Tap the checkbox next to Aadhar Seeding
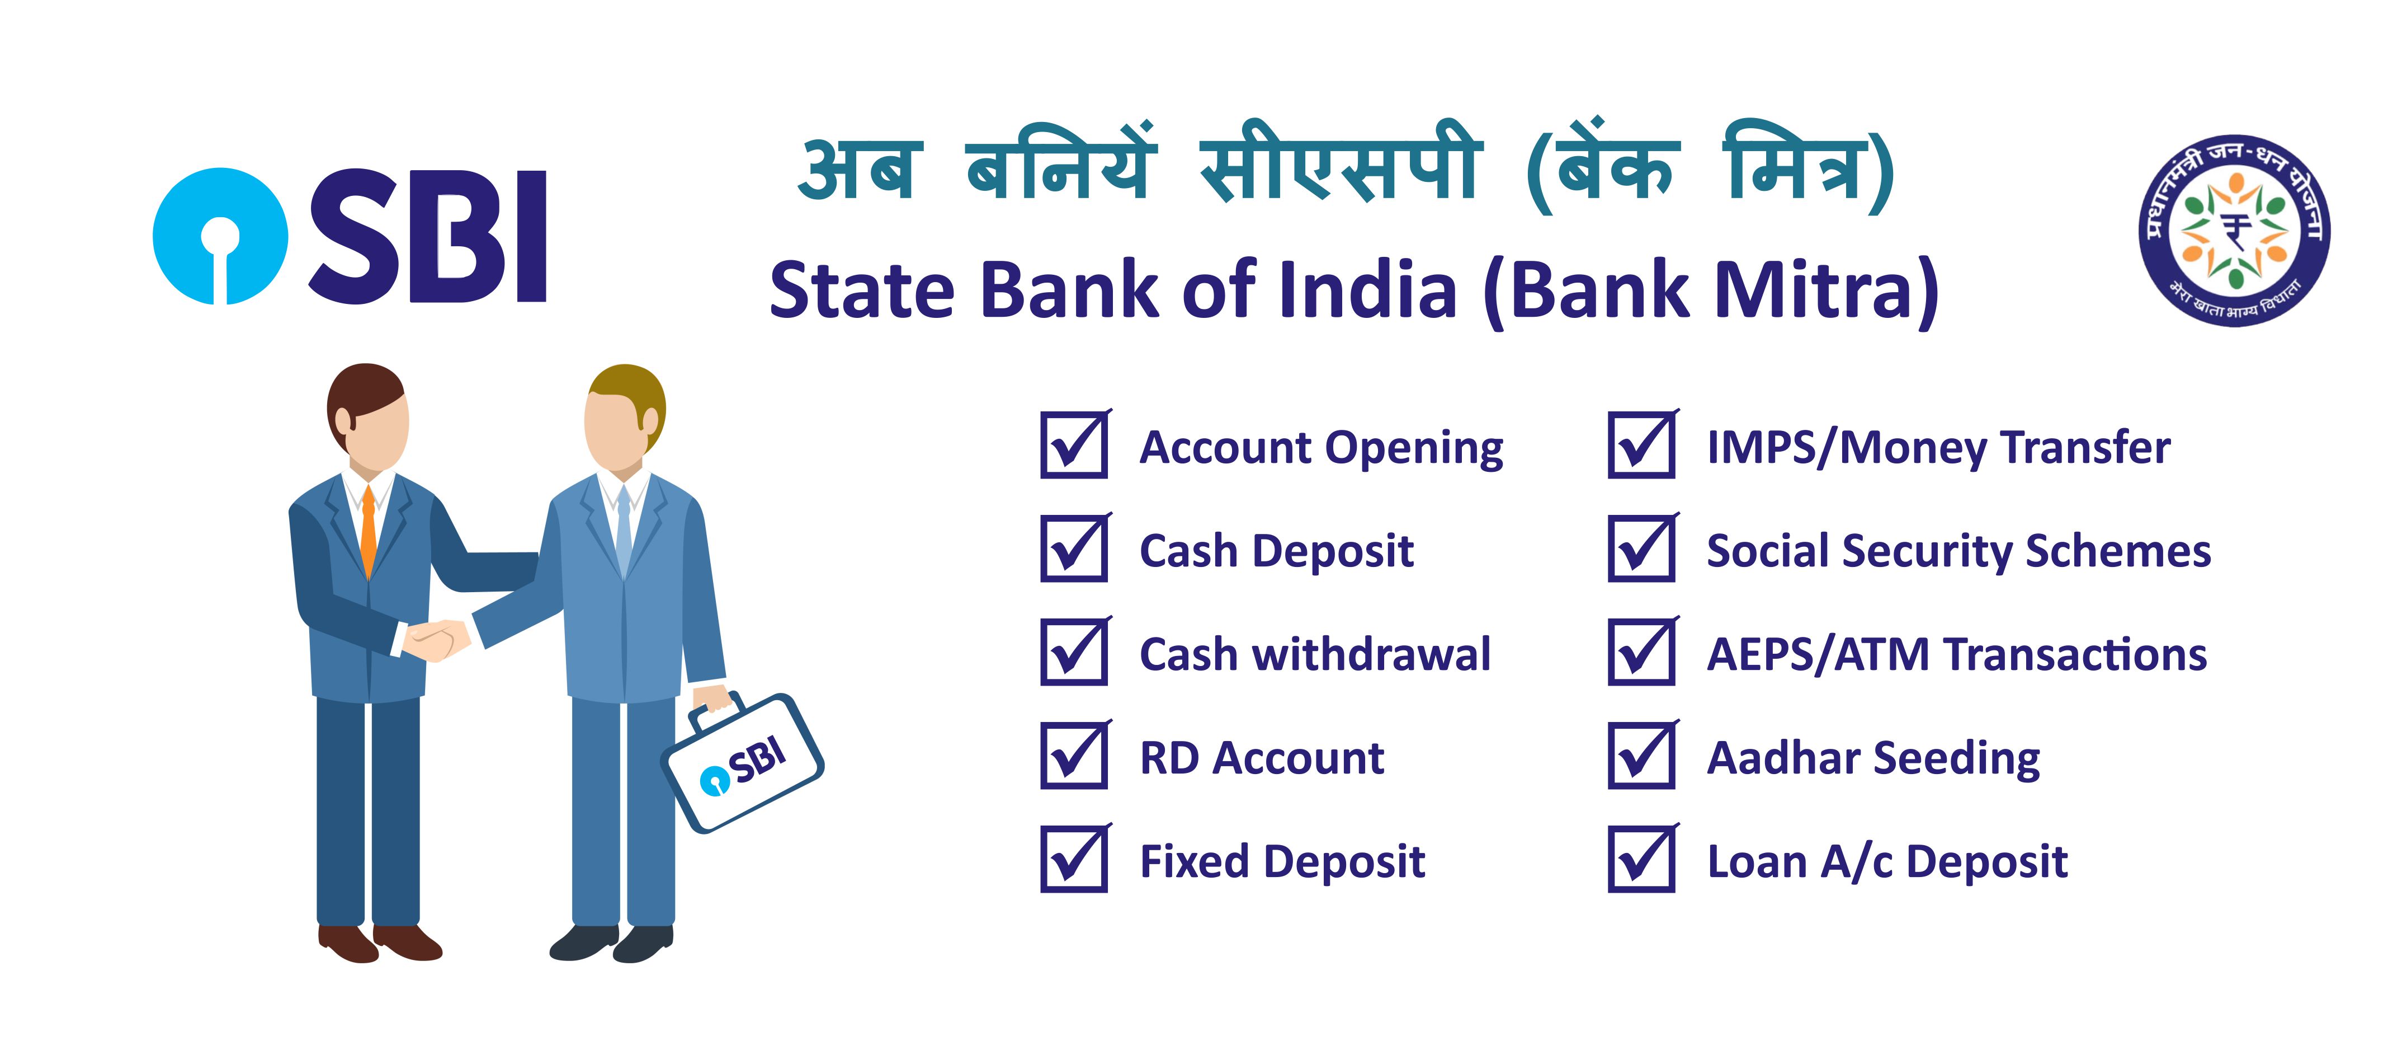pos(1643,755)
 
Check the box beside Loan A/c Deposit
pos(1643,859)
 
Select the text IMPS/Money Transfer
pos(1938,448)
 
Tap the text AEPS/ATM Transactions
pos(1957,655)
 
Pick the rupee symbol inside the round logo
pos(2234,230)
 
